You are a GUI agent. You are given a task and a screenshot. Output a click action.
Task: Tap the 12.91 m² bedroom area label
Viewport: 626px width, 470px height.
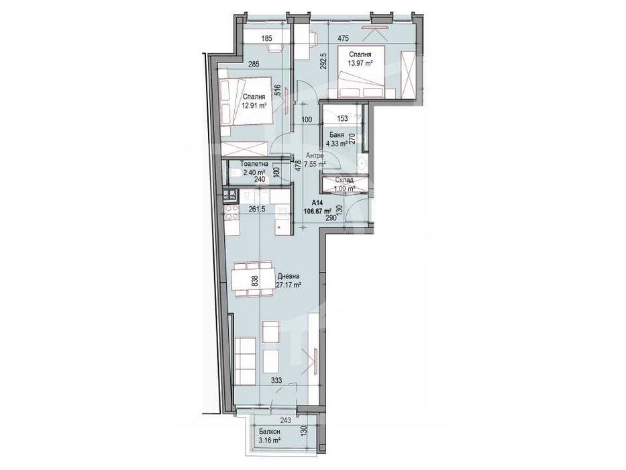click(255, 105)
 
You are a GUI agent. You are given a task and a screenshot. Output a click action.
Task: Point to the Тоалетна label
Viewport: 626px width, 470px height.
click(256, 163)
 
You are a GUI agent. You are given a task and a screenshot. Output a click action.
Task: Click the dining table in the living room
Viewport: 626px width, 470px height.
click(254, 279)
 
